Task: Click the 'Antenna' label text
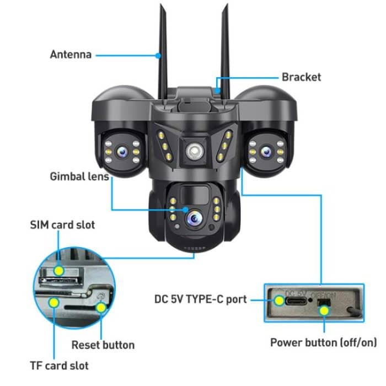pyautogui.click(x=71, y=55)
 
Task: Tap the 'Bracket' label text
pyautogui.click(x=301, y=77)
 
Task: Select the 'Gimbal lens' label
pyautogui.click(x=79, y=176)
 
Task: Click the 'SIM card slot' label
pyautogui.click(x=62, y=224)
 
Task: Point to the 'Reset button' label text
pyautogui.click(x=103, y=345)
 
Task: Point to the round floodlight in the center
pyautogui.click(x=194, y=151)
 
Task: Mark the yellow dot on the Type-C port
pyautogui.click(x=278, y=301)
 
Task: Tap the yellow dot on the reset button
pyautogui.click(x=101, y=307)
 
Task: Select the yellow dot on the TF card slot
pyautogui.click(x=54, y=302)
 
